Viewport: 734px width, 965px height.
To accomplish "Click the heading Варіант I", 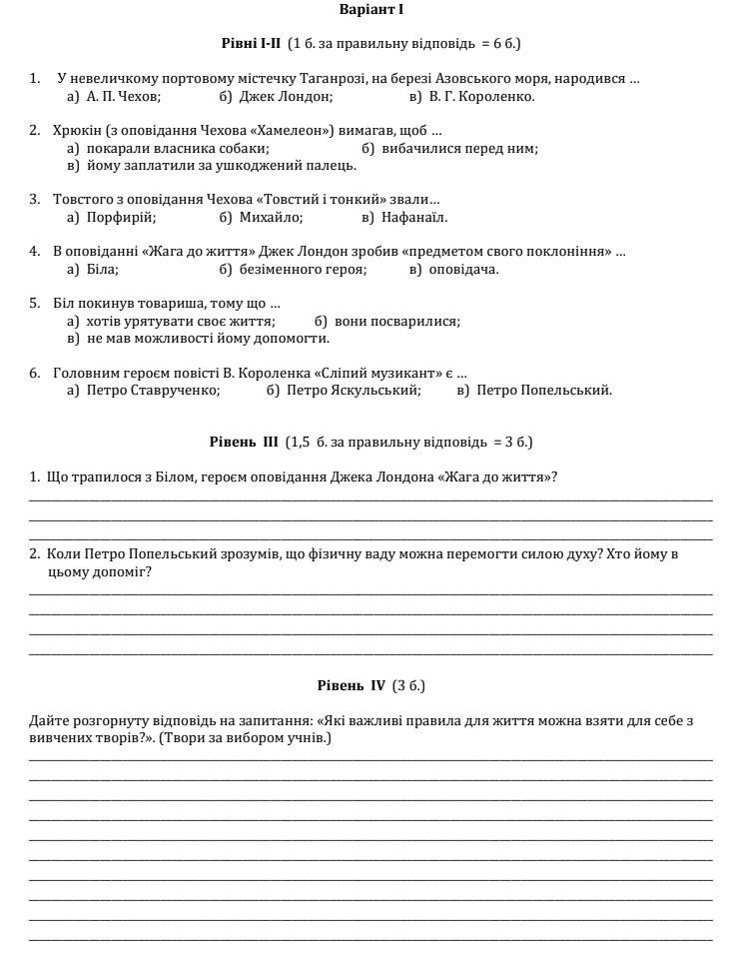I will pos(371,10).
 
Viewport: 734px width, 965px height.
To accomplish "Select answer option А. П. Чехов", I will pos(123,97).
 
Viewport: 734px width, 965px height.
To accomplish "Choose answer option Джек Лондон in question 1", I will pos(286,97).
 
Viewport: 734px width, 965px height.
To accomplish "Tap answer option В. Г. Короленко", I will pos(481,97).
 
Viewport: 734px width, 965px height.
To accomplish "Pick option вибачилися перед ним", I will pos(459,149).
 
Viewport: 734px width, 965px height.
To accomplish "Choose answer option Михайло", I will pos(271,217).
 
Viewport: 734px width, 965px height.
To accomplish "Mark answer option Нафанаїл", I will pos(414,217).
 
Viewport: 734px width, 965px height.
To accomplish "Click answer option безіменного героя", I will pos(303,269).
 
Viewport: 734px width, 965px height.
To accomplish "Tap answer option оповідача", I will pos(463,269).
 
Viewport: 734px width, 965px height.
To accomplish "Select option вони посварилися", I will pos(397,322).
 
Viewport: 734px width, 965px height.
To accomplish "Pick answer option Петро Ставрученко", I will pos(153,391).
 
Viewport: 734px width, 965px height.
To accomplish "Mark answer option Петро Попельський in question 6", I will pos(544,391).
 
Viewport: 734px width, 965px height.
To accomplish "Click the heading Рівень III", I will pos(245,442).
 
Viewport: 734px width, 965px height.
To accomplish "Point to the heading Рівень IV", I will pos(352,685).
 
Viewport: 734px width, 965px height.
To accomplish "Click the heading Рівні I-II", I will pos(252,44).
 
